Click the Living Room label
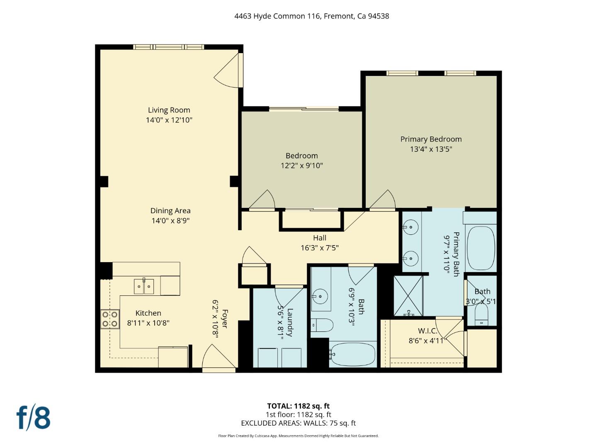pos(169,110)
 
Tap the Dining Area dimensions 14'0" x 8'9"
pos(170,221)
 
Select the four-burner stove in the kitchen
pos(110,319)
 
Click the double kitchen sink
pos(144,286)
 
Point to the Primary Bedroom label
pos(431,139)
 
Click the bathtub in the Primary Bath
pos(481,248)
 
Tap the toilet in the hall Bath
pos(322,325)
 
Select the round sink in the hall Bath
pos(320,297)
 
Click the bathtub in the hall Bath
pos(352,354)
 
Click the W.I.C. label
pos(427,331)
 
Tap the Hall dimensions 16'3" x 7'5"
pos(319,248)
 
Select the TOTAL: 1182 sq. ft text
pos(298,406)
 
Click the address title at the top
pos(311,16)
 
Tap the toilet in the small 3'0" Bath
pos(481,315)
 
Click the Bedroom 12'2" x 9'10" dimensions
pos(301,166)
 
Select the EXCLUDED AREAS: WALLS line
pos(298,423)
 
